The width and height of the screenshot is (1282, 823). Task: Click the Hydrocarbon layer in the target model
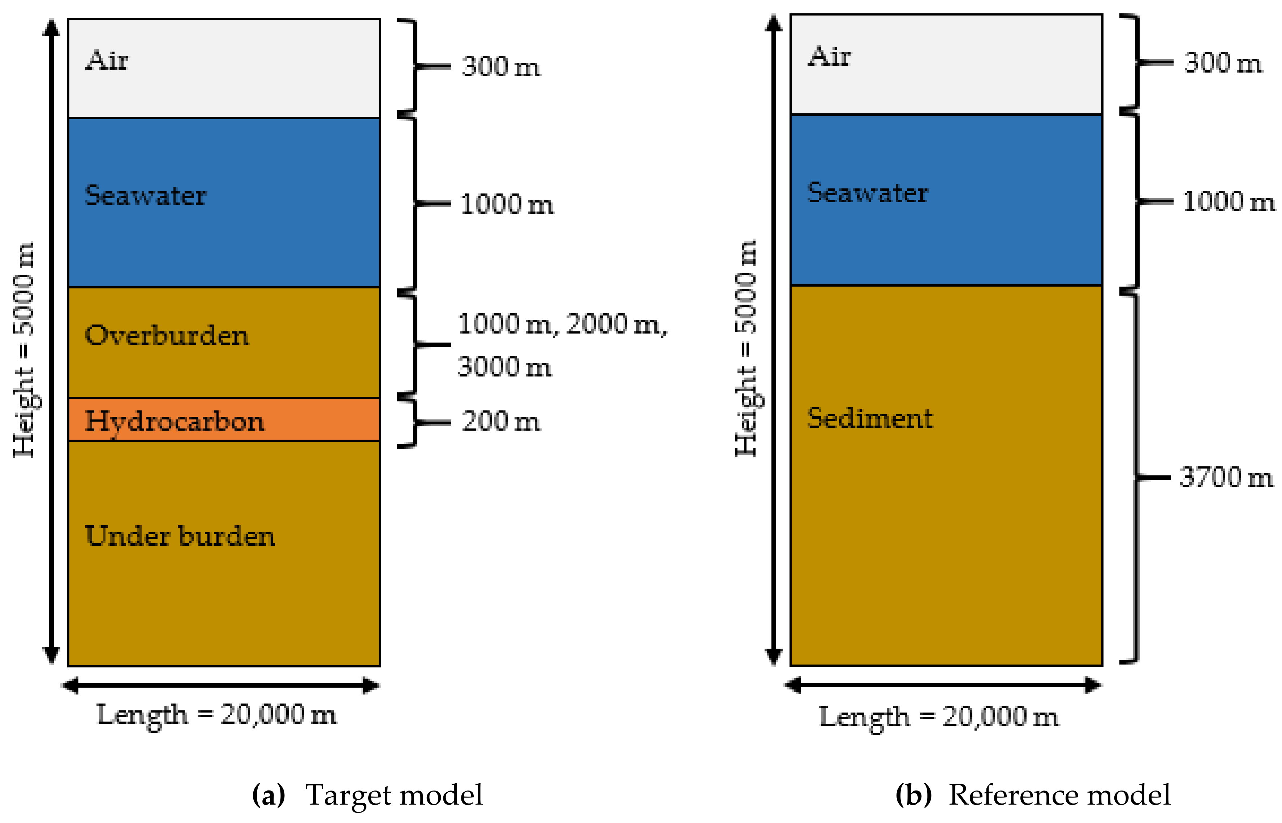321,419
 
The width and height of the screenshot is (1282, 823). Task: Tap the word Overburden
167,336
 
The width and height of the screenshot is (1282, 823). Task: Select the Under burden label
180,536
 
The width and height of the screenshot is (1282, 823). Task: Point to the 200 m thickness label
500,421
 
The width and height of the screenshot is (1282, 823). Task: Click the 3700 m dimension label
1226,477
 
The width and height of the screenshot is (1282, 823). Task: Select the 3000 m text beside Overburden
504,367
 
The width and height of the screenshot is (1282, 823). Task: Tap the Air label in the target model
107,60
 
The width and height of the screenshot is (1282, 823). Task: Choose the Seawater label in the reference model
868,192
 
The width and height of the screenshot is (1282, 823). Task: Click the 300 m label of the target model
500,67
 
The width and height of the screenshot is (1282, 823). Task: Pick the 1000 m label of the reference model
1229,201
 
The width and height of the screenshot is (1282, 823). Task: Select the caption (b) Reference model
1032,795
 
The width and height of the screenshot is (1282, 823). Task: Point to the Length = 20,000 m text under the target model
216,714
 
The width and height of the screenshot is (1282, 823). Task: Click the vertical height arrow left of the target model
51,342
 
